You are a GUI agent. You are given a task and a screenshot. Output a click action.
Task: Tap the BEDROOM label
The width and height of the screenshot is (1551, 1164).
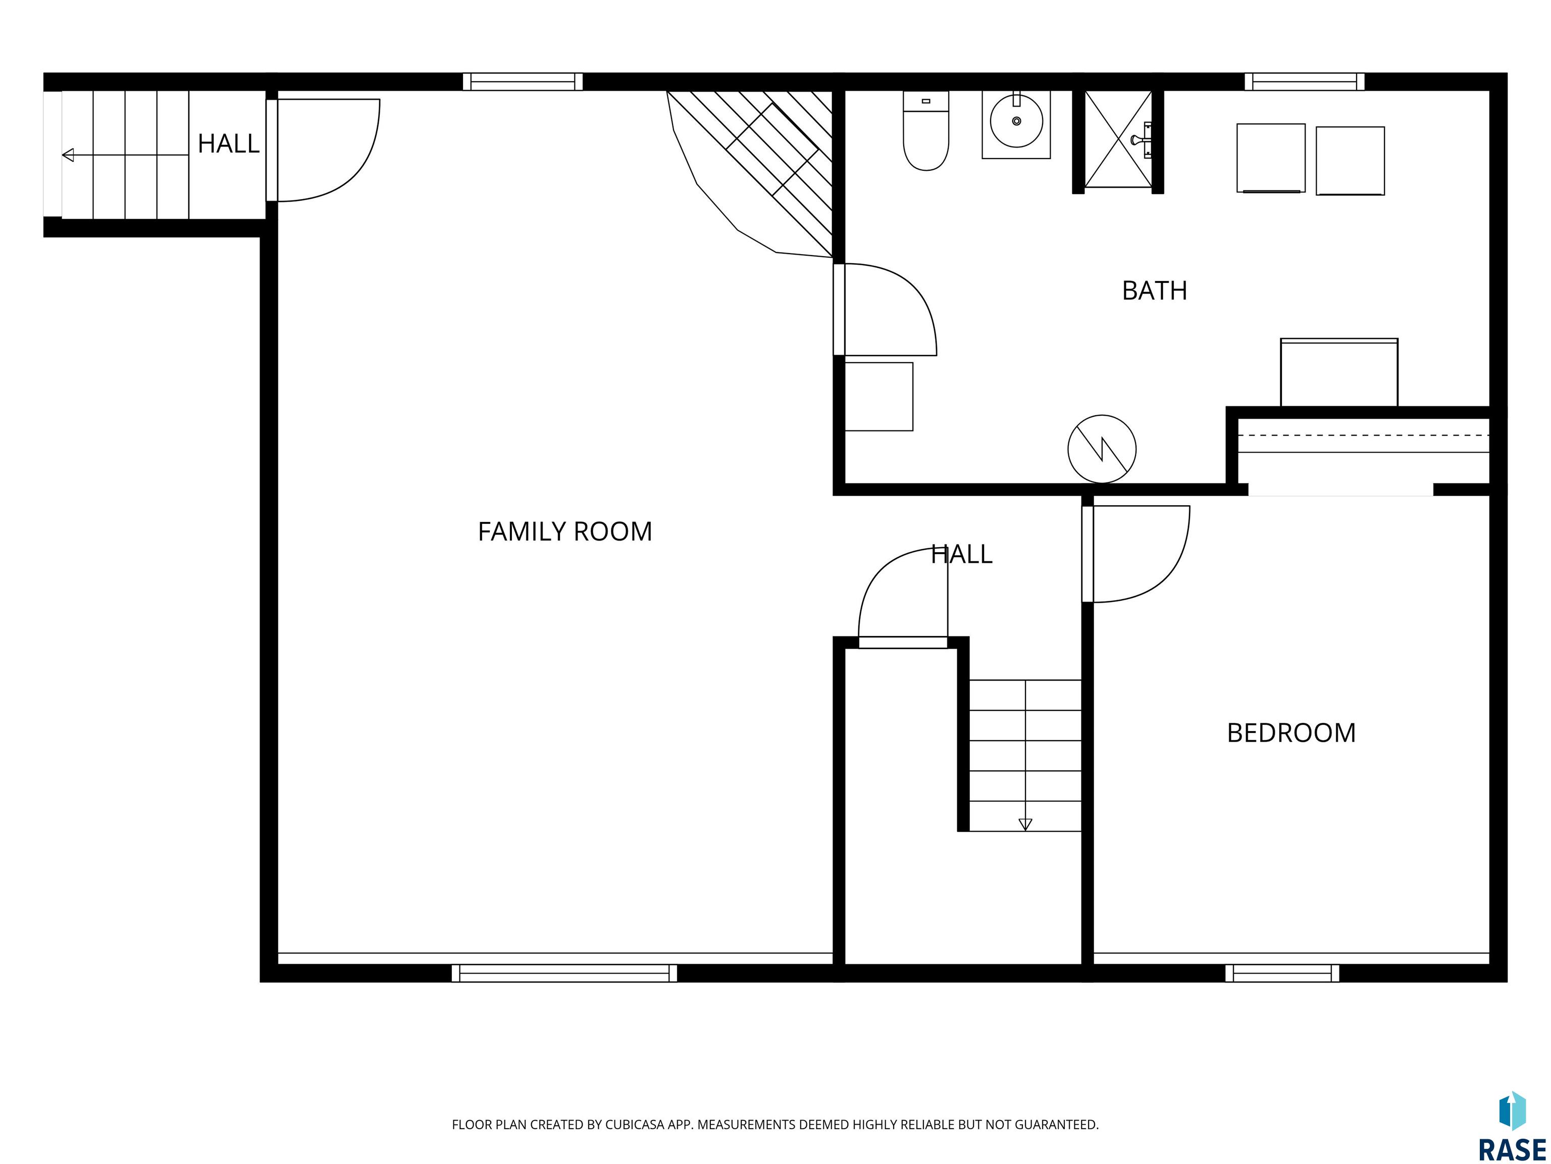(1291, 733)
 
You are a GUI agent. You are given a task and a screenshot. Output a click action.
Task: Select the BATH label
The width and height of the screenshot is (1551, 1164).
(1154, 290)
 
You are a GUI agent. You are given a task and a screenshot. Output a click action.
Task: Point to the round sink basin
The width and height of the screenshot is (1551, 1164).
(1016, 121)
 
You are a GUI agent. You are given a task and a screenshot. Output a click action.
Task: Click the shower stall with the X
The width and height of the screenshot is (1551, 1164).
(1118, 139)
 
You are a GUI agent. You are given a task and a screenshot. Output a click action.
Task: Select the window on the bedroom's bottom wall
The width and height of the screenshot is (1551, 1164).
(1282, 973)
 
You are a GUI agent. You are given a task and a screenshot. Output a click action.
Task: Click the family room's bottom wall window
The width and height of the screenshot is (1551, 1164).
(564, 973)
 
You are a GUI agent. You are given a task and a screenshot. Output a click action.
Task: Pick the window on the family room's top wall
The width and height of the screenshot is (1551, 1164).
(523, 81)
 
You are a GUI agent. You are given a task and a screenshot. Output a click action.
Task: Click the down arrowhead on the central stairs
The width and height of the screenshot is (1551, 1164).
(1025, 825)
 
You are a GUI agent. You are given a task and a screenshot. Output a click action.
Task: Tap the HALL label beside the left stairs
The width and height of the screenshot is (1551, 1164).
(229, 144)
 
